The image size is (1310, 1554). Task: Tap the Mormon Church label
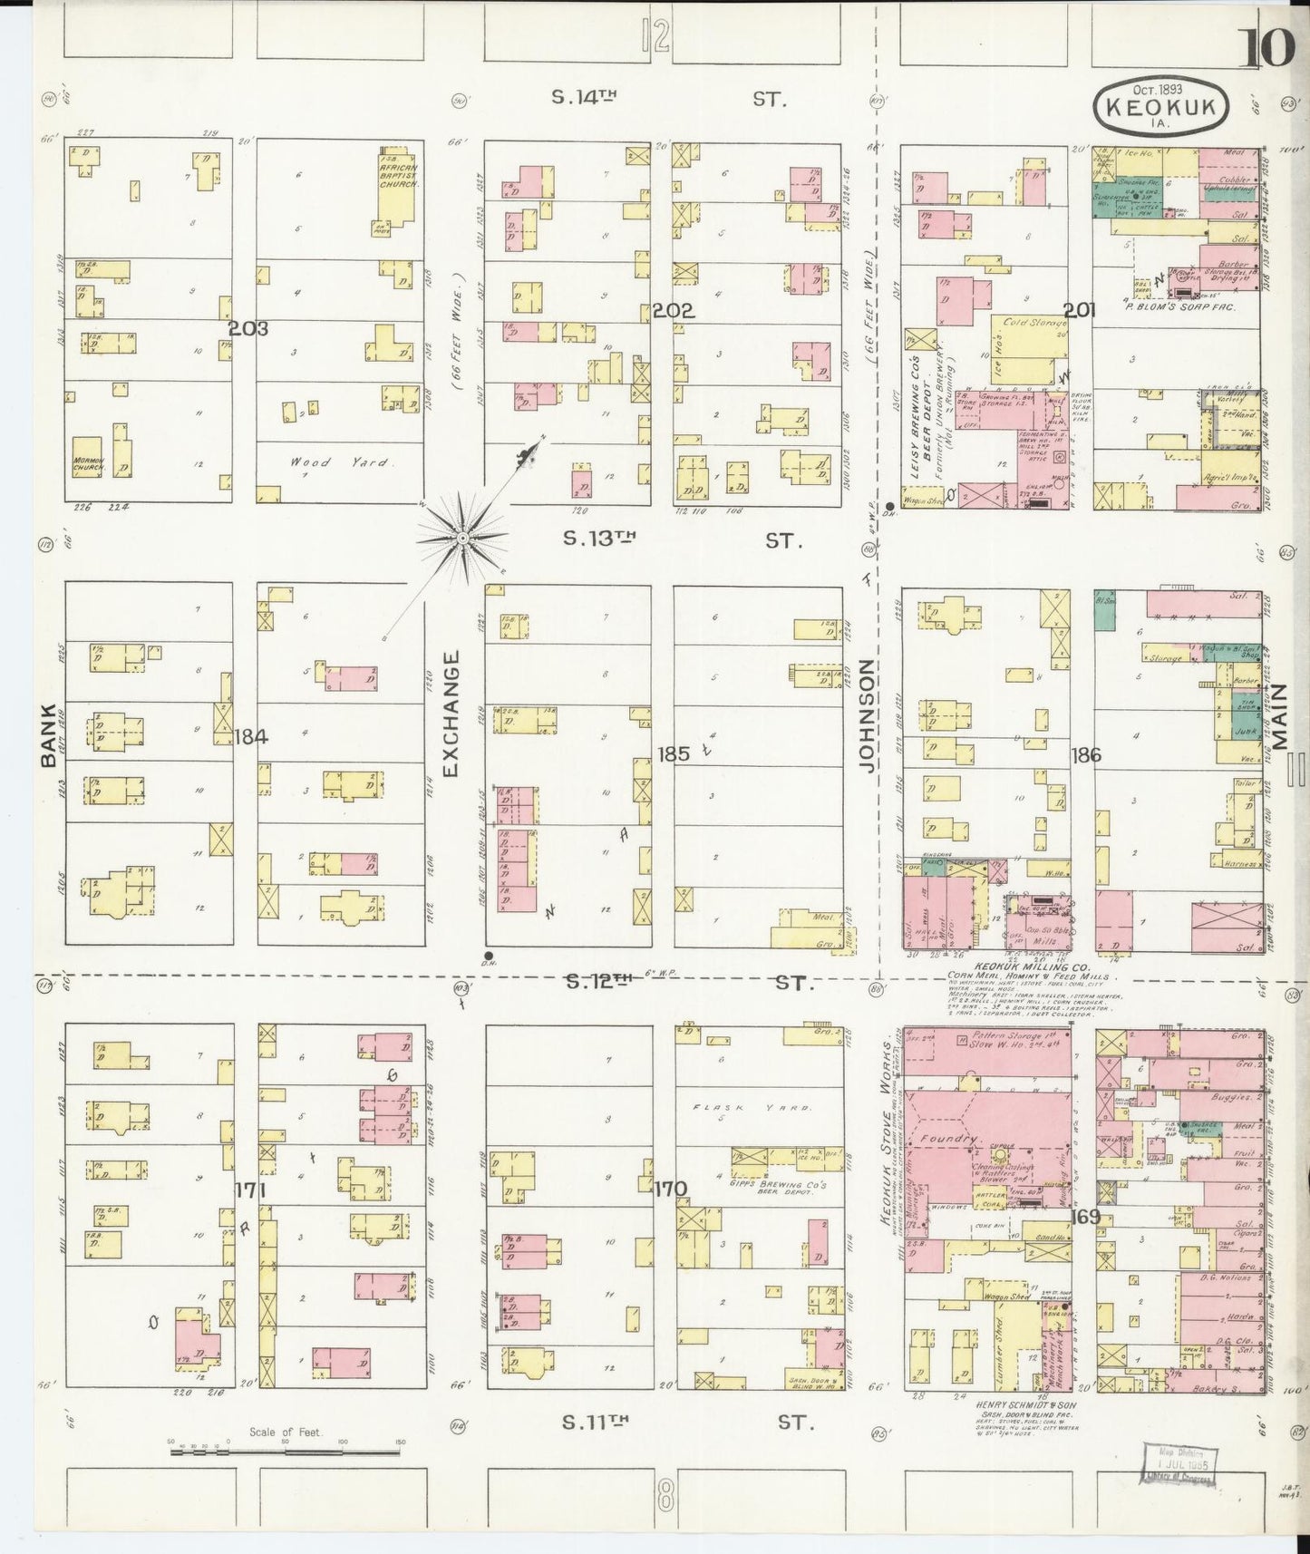pyautogui.click(x=89, y=464)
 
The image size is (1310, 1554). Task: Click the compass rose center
pyautogui.click(x=462, y=539)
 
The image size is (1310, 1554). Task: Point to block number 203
pyautogui.click(x=247, y=329)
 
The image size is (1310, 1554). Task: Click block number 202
pyautogui.click(x=673, y=312)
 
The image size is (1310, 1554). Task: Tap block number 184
pyautogui.click(x=250, y=737)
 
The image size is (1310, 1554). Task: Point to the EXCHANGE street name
pyautogui.click(x=451, y=714)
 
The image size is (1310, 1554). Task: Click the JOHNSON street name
pyautogui.click(x=867, y=716)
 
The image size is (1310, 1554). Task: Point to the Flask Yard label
pyautogui.click(x=758, y=1107)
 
